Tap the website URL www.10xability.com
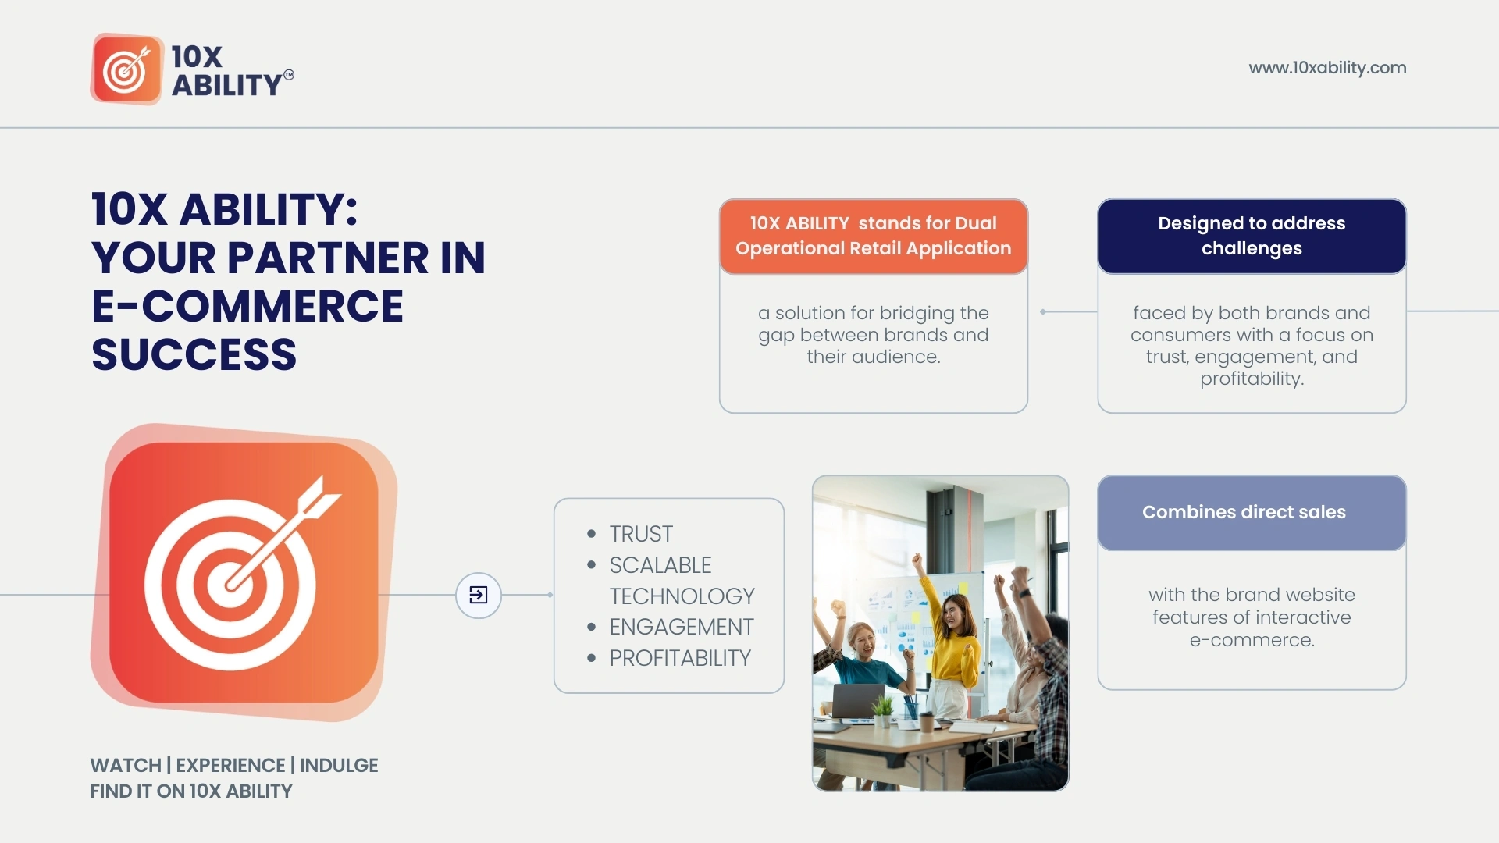tap(1327, 68)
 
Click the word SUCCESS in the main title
tap(194, 354)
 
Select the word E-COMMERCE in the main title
tap(247, 306)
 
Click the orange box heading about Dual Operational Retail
tap(874, 236)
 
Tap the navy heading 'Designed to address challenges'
tap(1252, 236)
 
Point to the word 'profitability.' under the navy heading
tap(1252, 379)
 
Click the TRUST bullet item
tap(641, 534)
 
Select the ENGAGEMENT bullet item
tap(682, 627)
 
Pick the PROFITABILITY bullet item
tap(680, 658)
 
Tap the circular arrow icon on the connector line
tap(479, 595)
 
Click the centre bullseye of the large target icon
tap(230, 585)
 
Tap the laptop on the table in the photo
tap(858, 701)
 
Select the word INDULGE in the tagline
tap(339, 765)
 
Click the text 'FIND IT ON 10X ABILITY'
tap(191, 791)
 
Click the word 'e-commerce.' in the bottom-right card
tap(1252, 640)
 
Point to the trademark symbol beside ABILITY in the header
tap(289, 75)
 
